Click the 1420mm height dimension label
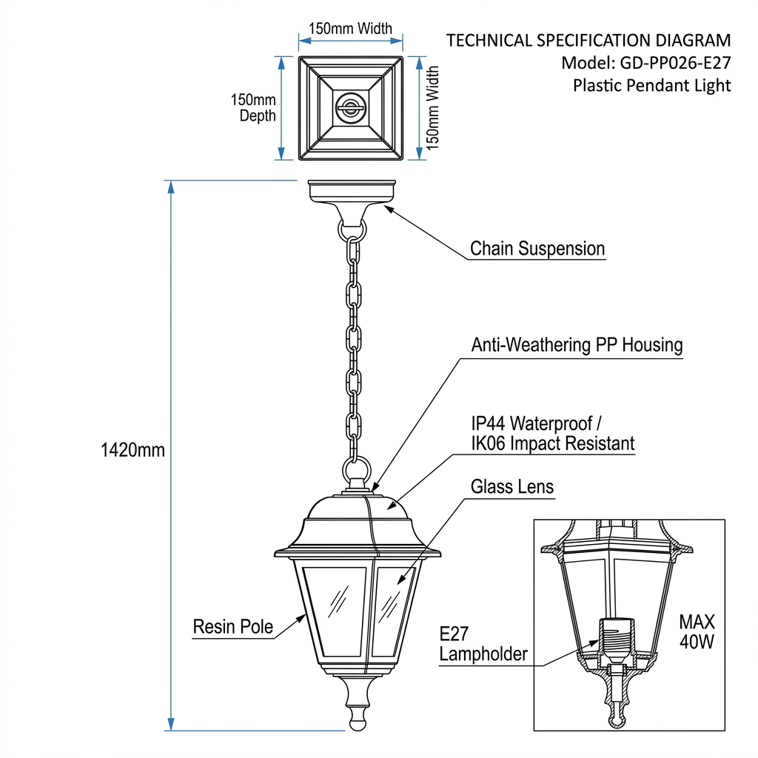(133, 450)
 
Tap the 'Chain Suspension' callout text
(537, 249)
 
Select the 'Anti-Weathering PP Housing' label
(577, 345)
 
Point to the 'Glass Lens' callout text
(512, 486)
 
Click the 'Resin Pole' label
(232, 628)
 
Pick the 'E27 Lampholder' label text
(483, 645)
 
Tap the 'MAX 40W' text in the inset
(697, 631)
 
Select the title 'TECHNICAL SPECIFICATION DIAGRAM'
(588, 41)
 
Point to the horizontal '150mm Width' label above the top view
(350, 29)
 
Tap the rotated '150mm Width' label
(432, 108)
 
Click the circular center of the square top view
(349, 107)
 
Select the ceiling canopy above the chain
(352, 194)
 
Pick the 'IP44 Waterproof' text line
(537, 424)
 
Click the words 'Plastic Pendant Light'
(651, 86)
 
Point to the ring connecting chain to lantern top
(356, 469)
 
